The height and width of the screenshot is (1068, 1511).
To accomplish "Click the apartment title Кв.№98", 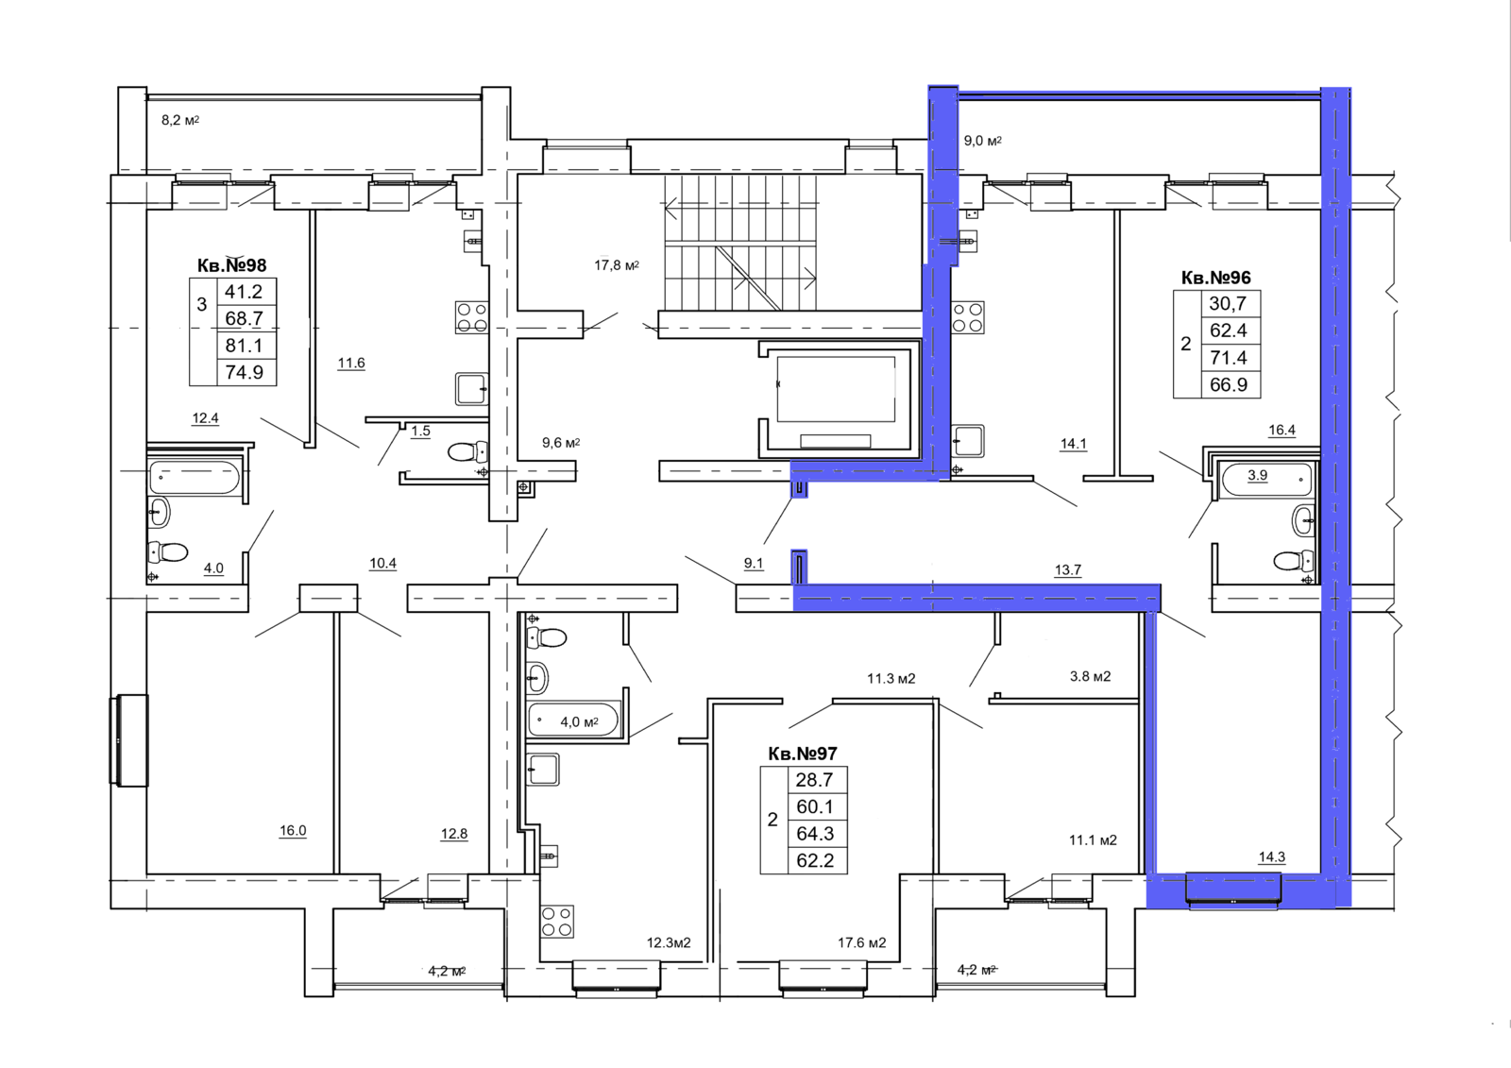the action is [232, 265].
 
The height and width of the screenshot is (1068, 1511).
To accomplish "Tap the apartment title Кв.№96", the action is [1215, 278].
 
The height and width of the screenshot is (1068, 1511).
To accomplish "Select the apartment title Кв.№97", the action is [803, 754].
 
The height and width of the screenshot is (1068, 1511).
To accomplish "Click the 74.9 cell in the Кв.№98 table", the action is [245, 372].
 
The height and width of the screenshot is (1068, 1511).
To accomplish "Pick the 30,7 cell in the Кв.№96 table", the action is [1228, 304].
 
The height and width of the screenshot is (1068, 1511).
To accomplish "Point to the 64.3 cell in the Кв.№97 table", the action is [815, 834].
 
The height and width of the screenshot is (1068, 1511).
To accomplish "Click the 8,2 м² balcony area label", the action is [180, 120].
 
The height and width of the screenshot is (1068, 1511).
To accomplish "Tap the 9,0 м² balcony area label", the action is [982, 141].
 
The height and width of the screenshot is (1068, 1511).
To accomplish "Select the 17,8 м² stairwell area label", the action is [617, 265].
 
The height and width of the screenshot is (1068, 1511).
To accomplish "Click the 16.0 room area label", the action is [293, 831].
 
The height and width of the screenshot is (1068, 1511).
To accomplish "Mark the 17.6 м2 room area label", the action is [862, 942].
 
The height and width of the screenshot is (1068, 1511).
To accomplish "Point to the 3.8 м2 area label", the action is [1090, 676].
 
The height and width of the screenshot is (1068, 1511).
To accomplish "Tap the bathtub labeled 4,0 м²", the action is [573, 720].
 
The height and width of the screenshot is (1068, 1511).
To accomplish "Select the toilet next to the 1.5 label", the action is [467, 451].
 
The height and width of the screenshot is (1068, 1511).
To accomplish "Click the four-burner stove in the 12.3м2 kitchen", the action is [556, 922].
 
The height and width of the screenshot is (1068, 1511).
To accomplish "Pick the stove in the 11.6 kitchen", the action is [471, 317].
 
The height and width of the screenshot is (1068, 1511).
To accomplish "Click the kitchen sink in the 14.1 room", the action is [967, 441].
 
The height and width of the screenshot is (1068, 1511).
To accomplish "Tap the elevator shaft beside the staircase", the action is [836, 398].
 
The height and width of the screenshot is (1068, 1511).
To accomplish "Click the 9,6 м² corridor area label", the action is [561, 443].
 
